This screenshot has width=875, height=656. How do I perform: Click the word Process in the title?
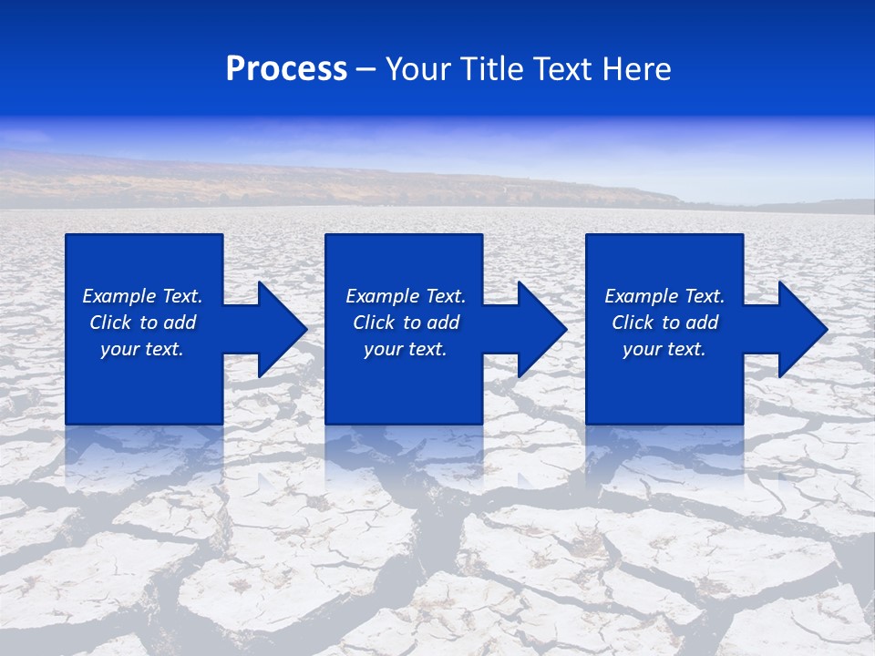pos(286,69)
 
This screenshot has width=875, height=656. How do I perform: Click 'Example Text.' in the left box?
pos(142,296)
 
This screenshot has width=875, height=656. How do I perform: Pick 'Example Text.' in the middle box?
pos(406,296)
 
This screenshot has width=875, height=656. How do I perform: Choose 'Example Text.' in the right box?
pos(664,296)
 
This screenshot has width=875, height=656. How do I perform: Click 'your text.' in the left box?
pos(142,349)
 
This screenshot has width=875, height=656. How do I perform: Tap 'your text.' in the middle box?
pos(406,349)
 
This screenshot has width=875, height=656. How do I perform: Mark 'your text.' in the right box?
pos(664,349)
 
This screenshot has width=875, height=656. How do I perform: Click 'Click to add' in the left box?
pos(142,323)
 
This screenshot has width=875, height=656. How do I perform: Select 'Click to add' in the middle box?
pos(406,323)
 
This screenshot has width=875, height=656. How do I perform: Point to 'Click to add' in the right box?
pos(664,323)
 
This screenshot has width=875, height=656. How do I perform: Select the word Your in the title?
pos(418,69)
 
